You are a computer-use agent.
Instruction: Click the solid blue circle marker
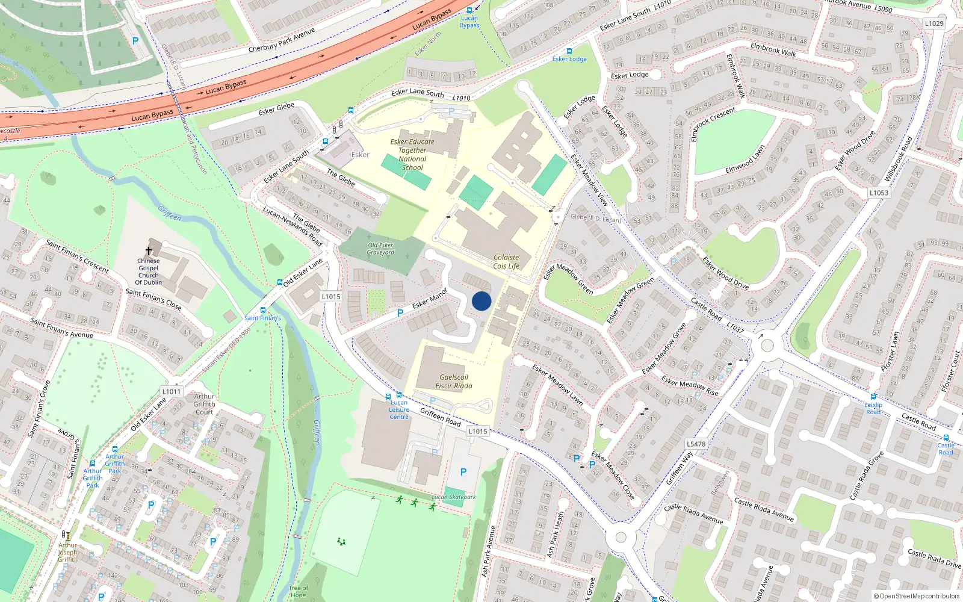482,301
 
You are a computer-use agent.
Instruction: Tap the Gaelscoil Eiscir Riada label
454,382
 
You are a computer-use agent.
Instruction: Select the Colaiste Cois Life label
506,262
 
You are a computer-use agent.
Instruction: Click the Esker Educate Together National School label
412,155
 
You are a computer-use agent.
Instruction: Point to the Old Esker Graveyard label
380,249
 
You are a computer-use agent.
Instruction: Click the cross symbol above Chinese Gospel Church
149,250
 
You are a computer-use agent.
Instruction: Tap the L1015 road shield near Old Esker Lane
331,296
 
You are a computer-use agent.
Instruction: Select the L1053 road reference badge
879,193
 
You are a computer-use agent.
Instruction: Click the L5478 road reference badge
696,444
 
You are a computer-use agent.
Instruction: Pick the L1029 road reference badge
934,23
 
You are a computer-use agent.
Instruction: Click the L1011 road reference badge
172,391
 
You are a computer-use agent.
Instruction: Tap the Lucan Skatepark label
454,497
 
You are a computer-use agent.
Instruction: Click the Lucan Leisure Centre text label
399,410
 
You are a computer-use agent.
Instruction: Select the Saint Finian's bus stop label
262,318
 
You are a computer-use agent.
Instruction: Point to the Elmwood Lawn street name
745,159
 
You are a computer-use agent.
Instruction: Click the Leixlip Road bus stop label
873,408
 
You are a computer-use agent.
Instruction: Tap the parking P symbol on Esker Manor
400,313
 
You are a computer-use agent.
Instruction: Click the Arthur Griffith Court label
204,404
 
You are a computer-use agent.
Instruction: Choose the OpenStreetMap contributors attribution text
917,596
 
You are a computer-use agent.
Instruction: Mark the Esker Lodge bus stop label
569,59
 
